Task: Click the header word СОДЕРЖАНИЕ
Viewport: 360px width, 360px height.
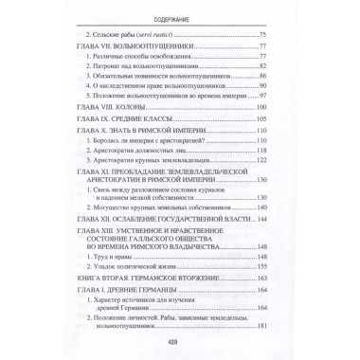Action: (x=179, y=12)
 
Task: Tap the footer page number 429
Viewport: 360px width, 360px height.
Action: (x=179, y=343)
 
